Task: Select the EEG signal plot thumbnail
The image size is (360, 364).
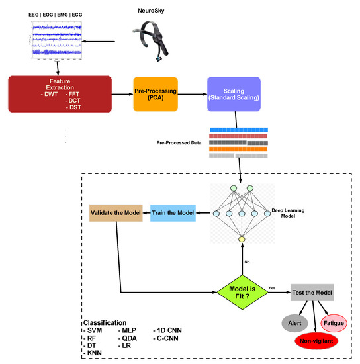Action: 56,40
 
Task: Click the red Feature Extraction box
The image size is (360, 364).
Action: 58,93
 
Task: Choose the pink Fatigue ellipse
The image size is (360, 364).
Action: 334,322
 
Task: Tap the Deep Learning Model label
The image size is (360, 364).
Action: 292,213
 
